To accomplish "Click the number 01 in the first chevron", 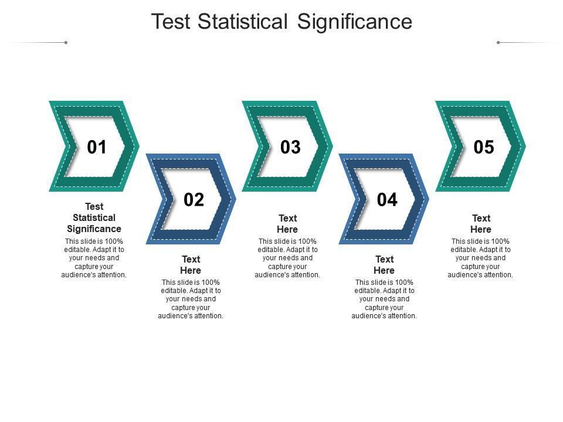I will click(x=97, y=147).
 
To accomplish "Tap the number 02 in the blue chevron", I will click(x=194, y=200).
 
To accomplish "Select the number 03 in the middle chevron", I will click(x=290, y=147).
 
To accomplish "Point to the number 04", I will click(x=387, y=200).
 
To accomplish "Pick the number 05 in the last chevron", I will click(x=484, y=147).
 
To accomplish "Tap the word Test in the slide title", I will click(x=172, y=22).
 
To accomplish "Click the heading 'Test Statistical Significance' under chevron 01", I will click(x=94, y=217).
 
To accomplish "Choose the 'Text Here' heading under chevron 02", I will click(x=191, y=265).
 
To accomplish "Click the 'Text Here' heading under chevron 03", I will click(x=287, y=224).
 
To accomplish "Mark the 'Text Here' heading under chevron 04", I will click(x=384, y=265).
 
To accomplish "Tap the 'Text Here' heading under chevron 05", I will click(x=481, y=224).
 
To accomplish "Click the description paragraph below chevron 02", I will click(x=191, y=299).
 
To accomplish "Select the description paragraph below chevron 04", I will click(x=384, y=299).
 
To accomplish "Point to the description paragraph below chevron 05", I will click(x=481, y=258).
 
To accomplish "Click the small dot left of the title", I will click(x=66, y=42).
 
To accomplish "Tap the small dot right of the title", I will click(x=498, y=42).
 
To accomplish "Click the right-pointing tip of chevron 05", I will click(x=524, y=146).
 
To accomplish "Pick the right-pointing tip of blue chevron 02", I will click(x=235, y=199).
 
